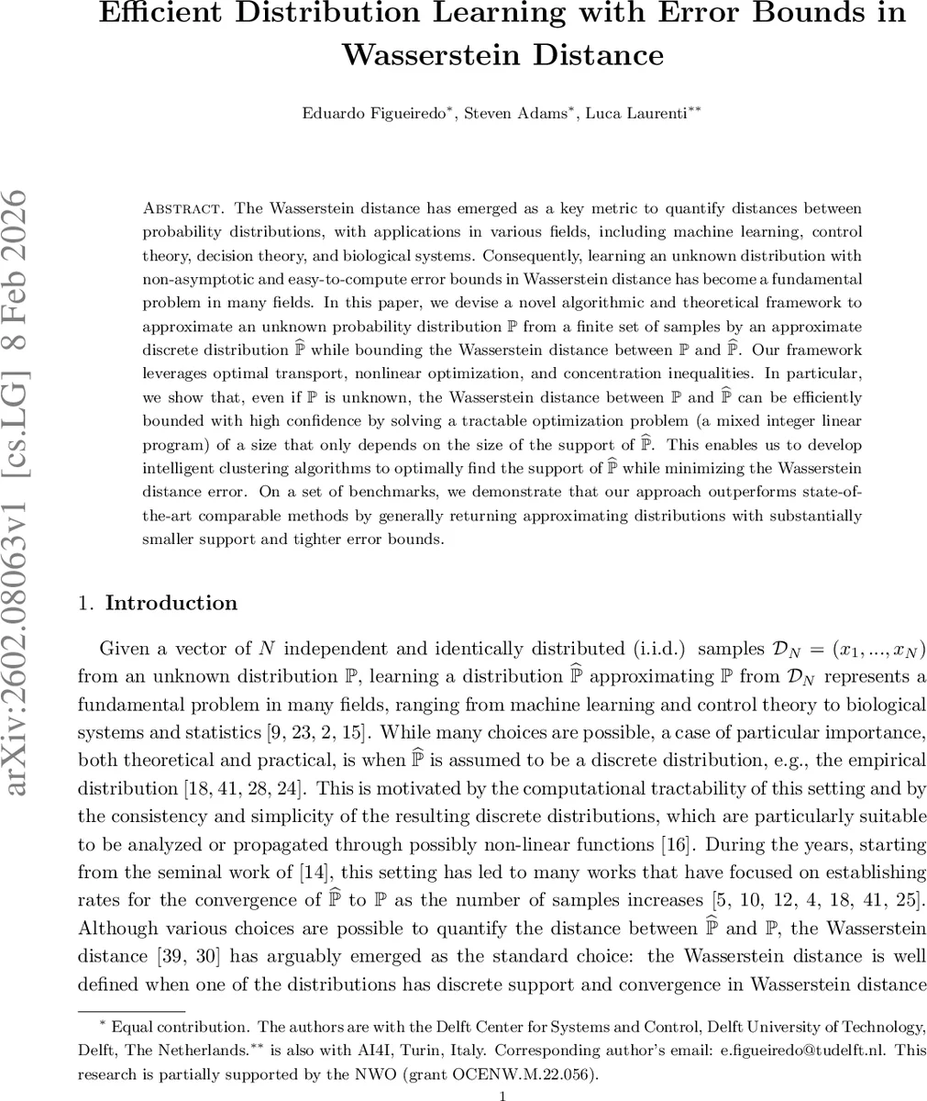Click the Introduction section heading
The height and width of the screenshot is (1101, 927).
[171, 603]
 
